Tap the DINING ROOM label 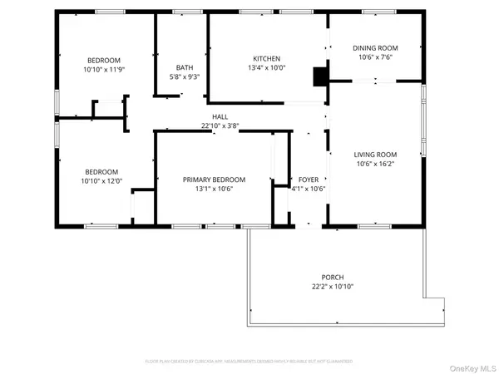click(375, 48)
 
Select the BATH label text click(185, 68)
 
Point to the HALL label click(220, 117)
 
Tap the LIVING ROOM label click(375, 155)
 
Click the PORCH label click(333, 278)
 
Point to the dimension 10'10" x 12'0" click(101, 181)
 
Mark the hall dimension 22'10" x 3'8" click(220, 126)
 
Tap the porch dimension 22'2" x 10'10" click(333, 288)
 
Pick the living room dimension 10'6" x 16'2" click(375, 165)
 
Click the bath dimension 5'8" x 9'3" click(185, 77)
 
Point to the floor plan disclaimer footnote click(249, 362)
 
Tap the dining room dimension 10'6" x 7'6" click(375, 58)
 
